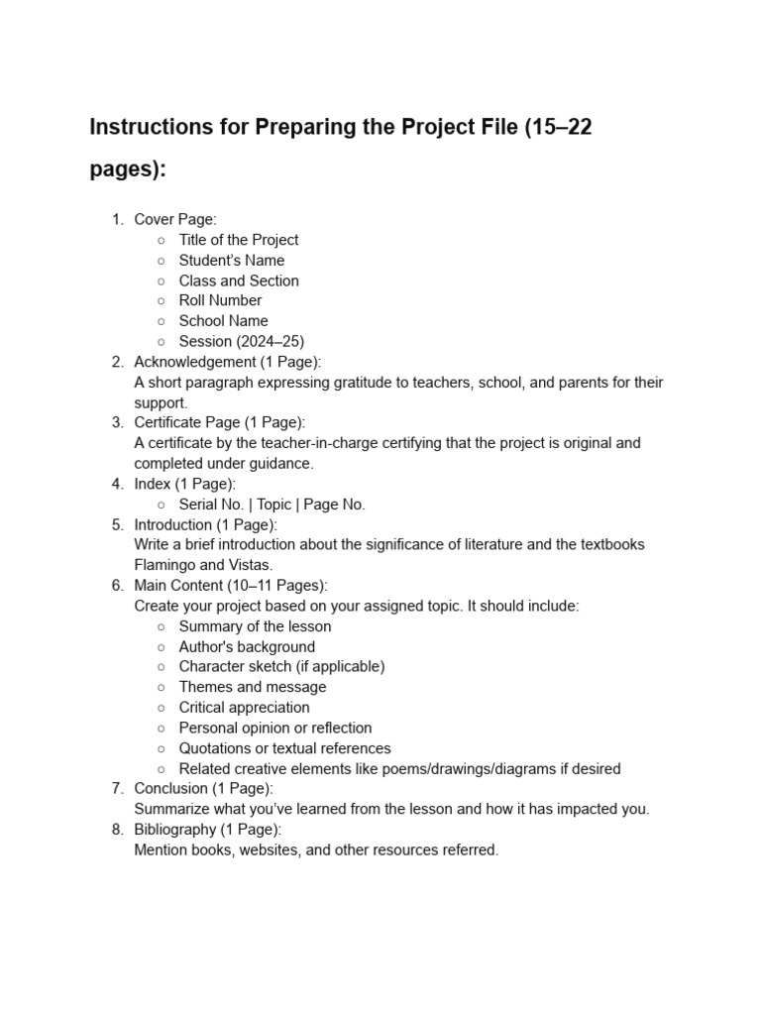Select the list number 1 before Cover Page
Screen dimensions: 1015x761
[x=116, y=220]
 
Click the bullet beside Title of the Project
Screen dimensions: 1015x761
[x=161, y=240]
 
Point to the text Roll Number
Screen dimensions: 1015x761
[x=220, y=300]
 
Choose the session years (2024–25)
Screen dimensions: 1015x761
[x=270, y=341]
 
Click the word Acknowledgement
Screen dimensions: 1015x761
[x=195, y=362]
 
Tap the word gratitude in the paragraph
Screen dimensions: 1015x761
[x=351, y=383]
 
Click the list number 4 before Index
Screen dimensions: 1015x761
[x=116, y=484]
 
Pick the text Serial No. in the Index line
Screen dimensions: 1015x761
[x=211, y=505]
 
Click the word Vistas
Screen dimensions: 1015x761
[x=251, y=565]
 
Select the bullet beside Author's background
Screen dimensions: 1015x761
[x=161, y=647]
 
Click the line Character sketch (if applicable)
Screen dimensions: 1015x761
[x=281, y=667]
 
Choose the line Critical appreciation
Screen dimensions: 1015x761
[x=244, y=708]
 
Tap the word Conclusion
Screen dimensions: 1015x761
[x=171, y=789]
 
